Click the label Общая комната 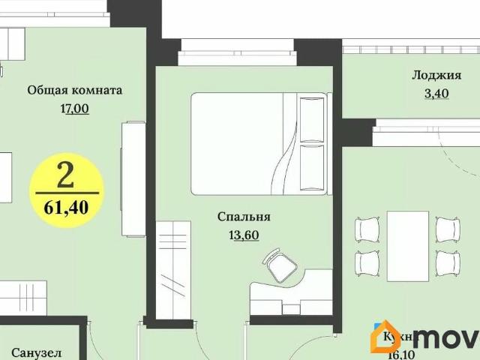coord(74,90)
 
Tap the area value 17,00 coord(74,108)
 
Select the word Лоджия coord(430,74)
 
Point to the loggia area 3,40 coord(430,94)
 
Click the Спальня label coord(244,217)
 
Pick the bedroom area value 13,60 coord(244,235)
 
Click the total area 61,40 coord(66,207)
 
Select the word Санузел coord(36,352)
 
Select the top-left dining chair coord(368,228)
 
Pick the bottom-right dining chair coord(447,262)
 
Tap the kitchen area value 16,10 coord(396,354)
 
